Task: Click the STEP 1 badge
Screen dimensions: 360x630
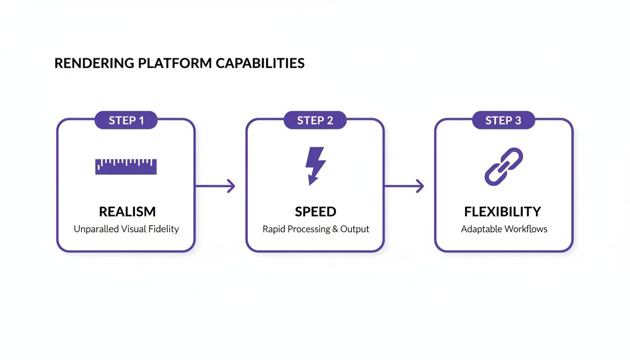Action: pyautogui.click(x=126, y=120)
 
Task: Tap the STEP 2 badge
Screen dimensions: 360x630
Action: pyautogui.click(x=315, y=120)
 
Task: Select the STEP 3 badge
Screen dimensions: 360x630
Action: pyautogui.click(x=503, y=120)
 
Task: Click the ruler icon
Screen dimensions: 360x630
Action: pyautogui.click(x=126, y=167)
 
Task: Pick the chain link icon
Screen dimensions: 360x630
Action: pyautogui.click(x=503, y=166)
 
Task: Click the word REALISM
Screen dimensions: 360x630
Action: pyautogui.click(x=127, y=212)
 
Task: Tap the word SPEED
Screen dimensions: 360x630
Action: pyautogui.click(x=315, y=212)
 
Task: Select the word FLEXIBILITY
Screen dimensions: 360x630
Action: pyautogui.click(x=502, y=212)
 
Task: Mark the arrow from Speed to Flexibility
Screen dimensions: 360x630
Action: pyautogui.click(x=404, y=186)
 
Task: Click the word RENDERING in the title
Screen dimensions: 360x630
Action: pyautogui.click(x=94, y=63)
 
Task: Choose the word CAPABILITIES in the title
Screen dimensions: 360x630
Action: pyautogui.click(x=260, y=63)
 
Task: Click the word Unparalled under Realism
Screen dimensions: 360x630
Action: pyautogui.click(x=96, y=229)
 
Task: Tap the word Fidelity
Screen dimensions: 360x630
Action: pyautogui.click(x=164, y=229)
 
